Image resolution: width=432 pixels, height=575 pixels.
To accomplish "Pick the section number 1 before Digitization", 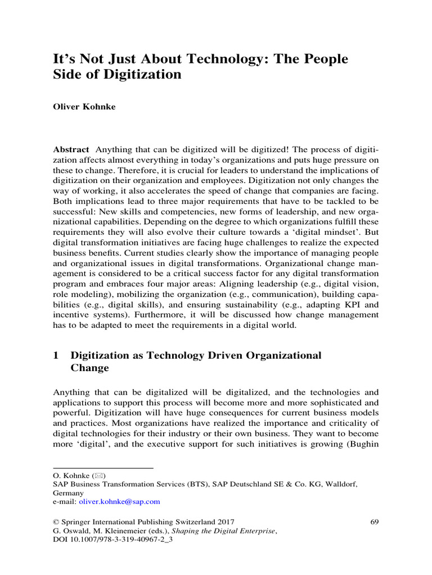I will click(56, 355).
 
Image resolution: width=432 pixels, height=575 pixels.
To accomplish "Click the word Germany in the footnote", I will click(68, 492).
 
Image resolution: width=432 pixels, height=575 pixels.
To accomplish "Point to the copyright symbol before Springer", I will click(56, 522).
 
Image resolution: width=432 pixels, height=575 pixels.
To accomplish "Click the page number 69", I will click(374, 522).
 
